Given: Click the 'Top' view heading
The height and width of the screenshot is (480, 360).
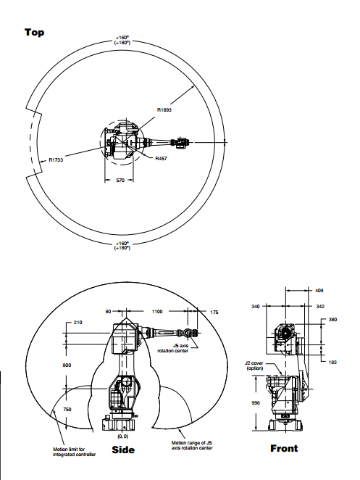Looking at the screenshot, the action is coord(34,32).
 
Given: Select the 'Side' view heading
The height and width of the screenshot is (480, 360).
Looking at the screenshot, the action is coord(123,450).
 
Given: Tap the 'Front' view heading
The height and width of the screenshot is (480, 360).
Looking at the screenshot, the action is coord(284,449).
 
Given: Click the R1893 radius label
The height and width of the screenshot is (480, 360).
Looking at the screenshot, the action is coord(164,110).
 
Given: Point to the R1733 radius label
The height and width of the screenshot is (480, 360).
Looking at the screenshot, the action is coord(56,160).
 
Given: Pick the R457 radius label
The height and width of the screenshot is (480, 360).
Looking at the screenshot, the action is coord(162,159).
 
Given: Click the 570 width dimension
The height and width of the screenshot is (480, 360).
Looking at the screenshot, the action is coord(120,181).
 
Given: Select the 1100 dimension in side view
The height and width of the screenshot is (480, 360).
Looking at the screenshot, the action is coord(157,312).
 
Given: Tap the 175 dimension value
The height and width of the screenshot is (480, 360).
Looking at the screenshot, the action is coord(214,313).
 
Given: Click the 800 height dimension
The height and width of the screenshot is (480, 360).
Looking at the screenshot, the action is coord(67,365).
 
